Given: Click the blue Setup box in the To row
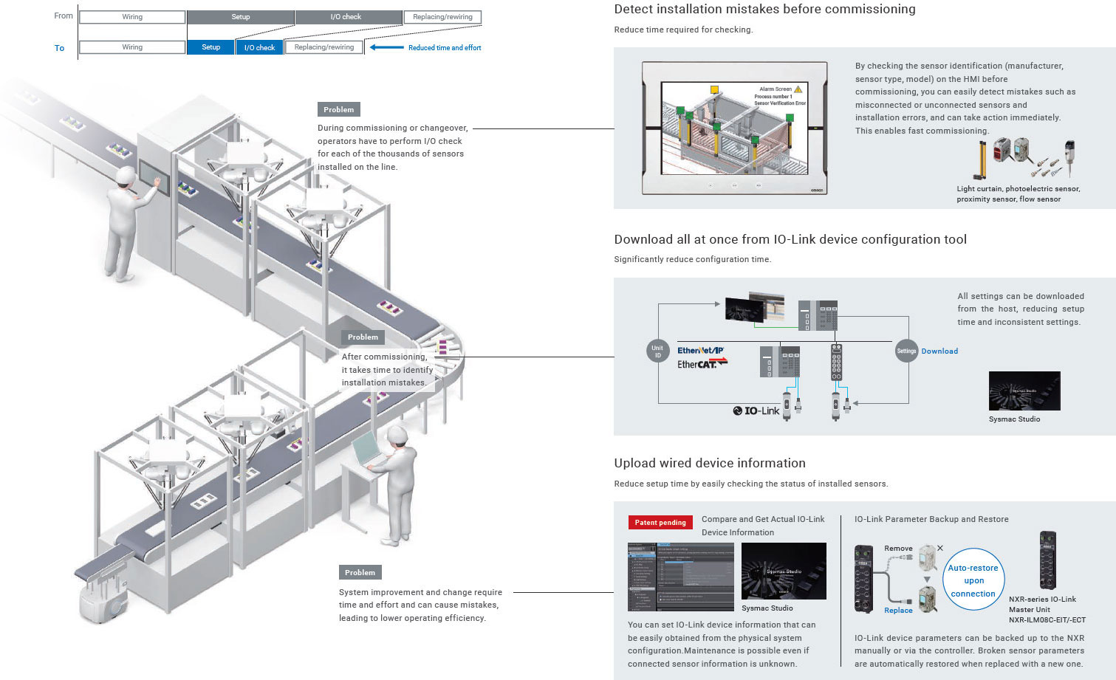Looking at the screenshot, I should pos(211,47).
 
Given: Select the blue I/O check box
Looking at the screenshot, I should pos(259,47).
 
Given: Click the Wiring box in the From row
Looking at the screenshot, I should pos(132,17).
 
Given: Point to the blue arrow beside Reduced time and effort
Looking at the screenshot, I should pos(386,47).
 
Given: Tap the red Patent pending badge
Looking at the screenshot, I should pos(660,522).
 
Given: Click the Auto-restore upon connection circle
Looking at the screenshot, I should pos(973,580).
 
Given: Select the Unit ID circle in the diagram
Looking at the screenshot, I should pos(657,351).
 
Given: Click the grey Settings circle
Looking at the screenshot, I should pos(906,351).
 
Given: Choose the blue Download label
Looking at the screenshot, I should pos(939,351).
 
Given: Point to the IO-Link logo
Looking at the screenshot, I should pos(756,411).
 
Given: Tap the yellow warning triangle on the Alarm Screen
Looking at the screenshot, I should pos(798,89).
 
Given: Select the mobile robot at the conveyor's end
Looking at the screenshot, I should pos(100,599).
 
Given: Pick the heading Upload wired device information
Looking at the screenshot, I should pos(710,463).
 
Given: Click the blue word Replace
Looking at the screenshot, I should pos(898,611).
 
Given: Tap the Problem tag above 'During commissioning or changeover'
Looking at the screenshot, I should pos(339,109).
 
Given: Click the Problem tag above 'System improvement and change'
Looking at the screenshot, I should pos(360,572).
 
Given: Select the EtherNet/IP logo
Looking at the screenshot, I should pos(700,350).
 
